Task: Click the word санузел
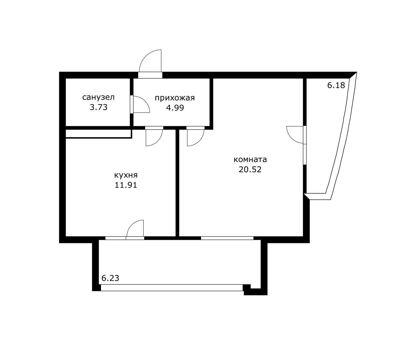tap(98, 97)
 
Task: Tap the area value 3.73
tap(98, 107)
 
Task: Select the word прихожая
tap(175, 98)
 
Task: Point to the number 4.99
tap(175, 108)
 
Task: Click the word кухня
tap(126, 175)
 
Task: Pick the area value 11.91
tap(126, 185)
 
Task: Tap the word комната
tap(250, 159)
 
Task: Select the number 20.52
tap(250, 169)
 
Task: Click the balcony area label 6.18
tap(336, 85)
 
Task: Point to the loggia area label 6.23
tap(110, 278)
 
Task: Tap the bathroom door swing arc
tap(141, 105)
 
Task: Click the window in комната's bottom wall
tap(227, 238)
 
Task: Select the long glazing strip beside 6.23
tap(172, 288)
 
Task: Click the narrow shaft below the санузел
tap(98, 133)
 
